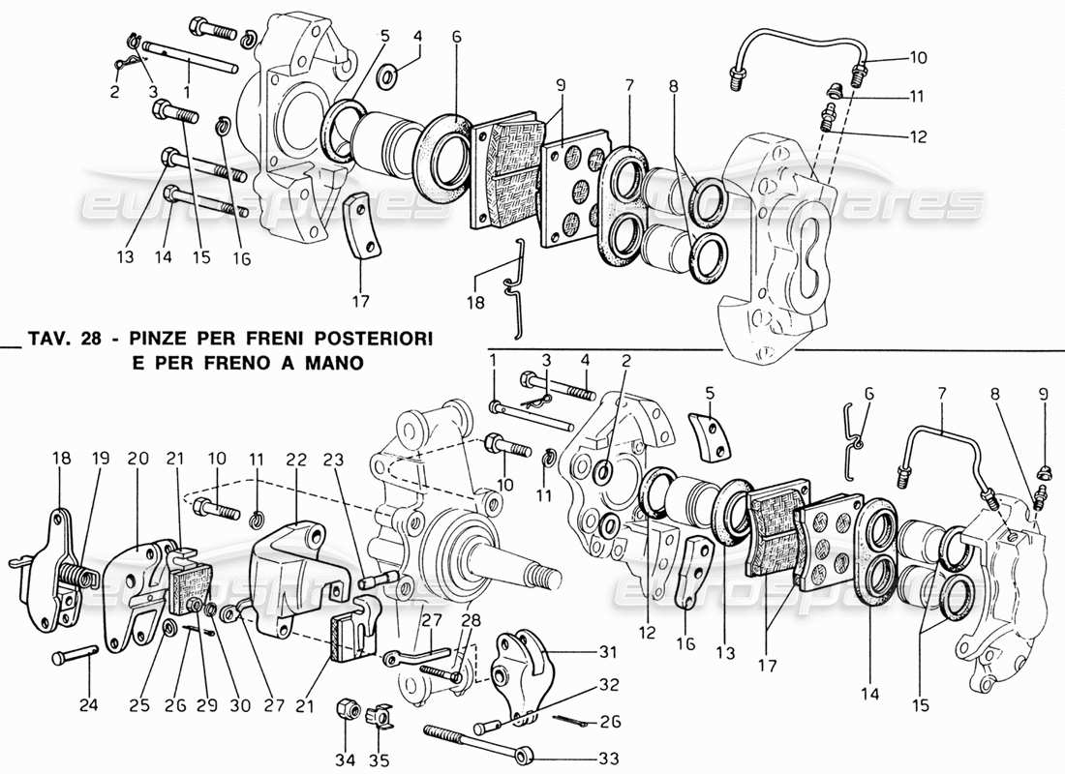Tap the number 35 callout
point(380,760)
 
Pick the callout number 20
point(137,458)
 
